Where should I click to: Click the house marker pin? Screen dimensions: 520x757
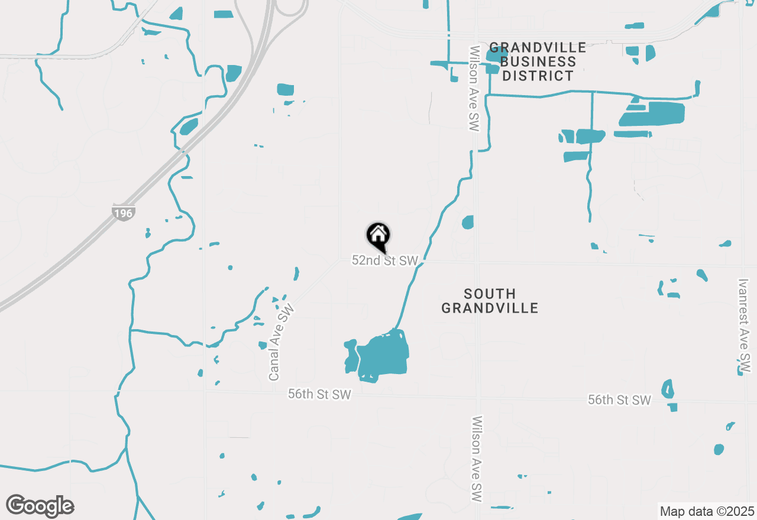(x=378, y=235)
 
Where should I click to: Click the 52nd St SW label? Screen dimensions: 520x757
(x=385, y=261)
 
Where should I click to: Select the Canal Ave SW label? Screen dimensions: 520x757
(x=281, y=343)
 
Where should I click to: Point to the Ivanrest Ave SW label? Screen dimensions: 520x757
(x=744, y=326)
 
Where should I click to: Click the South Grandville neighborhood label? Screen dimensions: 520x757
(x=490, y=301)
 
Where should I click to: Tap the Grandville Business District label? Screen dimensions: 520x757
(x=538, y=61)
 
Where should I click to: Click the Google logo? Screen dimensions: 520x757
(x=40, y=506)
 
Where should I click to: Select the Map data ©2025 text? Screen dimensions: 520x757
(x=707, y=511)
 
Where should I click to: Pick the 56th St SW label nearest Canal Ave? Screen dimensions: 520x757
(x=319, y=394)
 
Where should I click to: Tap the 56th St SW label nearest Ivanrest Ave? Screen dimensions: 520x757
(x=619, y=400)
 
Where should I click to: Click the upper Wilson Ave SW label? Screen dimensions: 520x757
(x=474, y=89)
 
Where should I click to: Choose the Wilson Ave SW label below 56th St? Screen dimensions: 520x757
(x=477, y=459)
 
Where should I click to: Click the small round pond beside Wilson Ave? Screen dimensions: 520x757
(x=468, y=222)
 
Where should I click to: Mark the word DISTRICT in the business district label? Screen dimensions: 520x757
(x=538, y=76)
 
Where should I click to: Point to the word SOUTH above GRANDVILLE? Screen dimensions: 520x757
(x=490, y=294)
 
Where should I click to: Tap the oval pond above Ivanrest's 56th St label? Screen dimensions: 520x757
(x=668, y=388)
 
